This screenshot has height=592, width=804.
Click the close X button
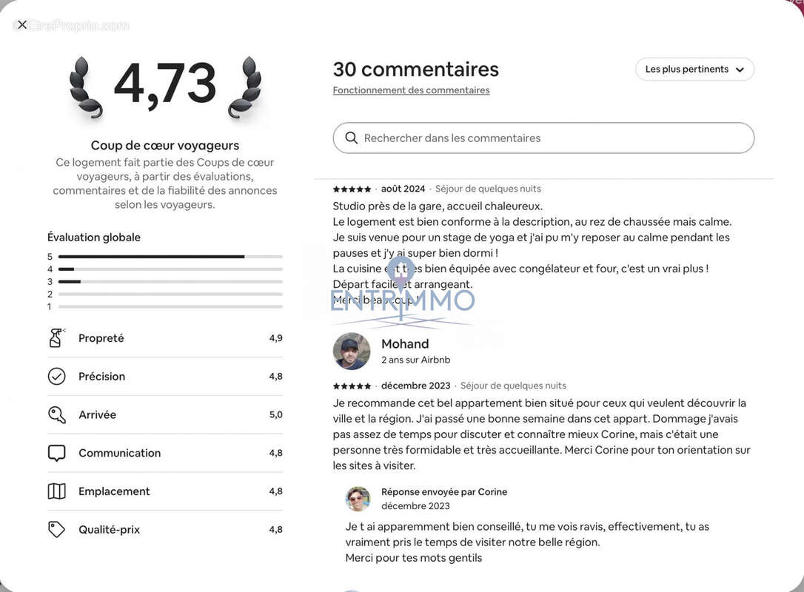point(22,24)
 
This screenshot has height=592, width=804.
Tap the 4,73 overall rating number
point(164,84)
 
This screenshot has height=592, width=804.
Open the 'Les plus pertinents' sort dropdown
point(694,70)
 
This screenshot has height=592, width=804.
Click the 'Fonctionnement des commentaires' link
point(411,90)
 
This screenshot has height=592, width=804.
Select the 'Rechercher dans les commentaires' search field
point(548,138)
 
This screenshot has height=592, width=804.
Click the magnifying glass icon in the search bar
point(351,138)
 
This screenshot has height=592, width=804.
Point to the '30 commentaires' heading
point(415,70)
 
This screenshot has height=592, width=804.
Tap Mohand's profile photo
point(352,351)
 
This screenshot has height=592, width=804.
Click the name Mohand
point(405,344)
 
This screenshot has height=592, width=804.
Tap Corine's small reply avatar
point(358,499)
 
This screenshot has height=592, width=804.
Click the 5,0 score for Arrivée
point(275,415)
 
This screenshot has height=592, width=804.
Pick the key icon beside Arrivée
point(57,415)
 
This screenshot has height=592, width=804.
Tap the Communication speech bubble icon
point(57,453)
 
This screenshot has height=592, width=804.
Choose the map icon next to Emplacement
point(57,491)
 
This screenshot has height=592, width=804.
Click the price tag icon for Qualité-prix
point(57,530)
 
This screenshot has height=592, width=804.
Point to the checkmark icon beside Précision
point(57,377)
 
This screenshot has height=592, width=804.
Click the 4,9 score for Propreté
point(275,338)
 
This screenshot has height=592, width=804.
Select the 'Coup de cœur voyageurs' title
point(165,146)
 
